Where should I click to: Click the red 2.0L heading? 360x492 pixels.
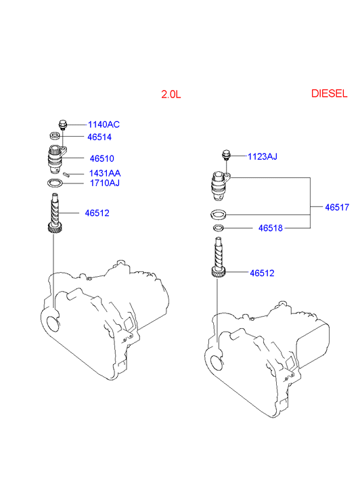(171, 94)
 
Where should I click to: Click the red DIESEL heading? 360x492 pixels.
(330, 93)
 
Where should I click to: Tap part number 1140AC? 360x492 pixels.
(104, 125)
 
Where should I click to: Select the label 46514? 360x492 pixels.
(99, 137)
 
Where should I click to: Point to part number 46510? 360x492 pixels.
(102, 158)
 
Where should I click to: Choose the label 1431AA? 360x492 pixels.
(105, 173)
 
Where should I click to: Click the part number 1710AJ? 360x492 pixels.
(104, 183)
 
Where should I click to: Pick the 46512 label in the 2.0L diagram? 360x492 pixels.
(97, 213)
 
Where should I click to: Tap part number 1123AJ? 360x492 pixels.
(263, 156)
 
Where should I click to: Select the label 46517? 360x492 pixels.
(337, 207)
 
